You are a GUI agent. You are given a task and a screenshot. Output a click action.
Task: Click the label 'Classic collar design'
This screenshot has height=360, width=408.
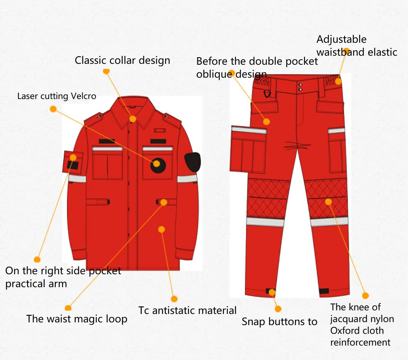[x=122, y=61]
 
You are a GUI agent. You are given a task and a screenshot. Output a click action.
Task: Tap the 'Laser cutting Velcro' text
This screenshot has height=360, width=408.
[x=57, y=96]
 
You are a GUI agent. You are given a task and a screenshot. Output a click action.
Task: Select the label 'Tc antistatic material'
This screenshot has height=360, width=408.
[x=187, y=310]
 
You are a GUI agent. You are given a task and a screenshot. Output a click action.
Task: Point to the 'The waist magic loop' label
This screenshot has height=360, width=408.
[x=77, y=319]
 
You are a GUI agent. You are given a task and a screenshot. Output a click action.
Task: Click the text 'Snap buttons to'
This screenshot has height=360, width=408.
[x=280, y=322]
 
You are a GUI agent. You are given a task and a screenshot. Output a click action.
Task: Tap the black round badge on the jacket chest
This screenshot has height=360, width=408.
[x=158, y=166]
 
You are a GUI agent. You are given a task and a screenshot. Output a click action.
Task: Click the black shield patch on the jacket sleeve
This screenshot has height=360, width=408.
[x=193, y=162]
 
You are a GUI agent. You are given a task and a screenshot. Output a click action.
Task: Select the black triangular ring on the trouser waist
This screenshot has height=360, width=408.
[x=267, y=94]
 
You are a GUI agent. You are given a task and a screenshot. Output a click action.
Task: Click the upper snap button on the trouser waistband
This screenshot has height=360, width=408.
[x=300, y=85]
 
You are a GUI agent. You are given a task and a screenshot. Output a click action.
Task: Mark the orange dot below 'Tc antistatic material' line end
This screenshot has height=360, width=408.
[x=174, y=299]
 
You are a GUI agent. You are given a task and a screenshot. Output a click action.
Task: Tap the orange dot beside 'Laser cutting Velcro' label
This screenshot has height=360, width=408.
[x=53, y=109]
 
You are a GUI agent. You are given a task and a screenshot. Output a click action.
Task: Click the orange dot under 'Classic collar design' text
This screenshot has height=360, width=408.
[x=106, y=71]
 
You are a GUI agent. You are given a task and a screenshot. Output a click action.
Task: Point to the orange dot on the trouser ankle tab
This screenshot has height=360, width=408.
[x=272, y=292]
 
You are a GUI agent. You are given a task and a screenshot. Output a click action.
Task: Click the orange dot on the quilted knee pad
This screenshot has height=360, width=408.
[x=328, y=202]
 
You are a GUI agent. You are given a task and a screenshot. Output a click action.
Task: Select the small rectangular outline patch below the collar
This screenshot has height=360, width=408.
[x=160, y=131]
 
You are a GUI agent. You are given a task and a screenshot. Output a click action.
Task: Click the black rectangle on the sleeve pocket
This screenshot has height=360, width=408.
[x=73, y=165]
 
